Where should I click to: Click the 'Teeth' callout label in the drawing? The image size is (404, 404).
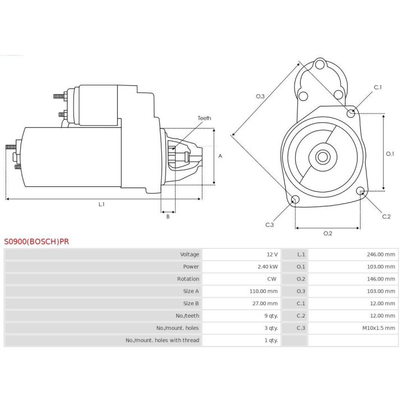[204, 118]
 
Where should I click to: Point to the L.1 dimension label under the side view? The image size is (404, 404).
[102, 205]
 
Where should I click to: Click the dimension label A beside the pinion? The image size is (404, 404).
[221, 156]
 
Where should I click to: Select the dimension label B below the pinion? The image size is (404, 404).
[167, 217]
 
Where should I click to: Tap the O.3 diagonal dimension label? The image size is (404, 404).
[260, 97]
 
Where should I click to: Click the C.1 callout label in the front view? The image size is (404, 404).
[378, 88]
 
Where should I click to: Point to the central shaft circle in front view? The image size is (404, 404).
[322, 157]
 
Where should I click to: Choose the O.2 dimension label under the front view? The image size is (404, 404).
[328, 233]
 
